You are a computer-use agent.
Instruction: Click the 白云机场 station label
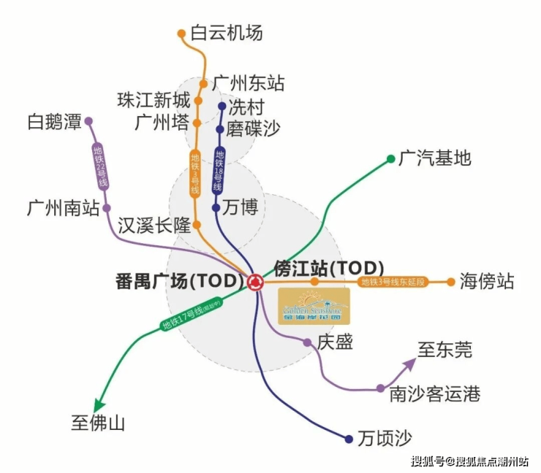click(226, 33)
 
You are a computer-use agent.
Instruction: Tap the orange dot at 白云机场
click(182, 33)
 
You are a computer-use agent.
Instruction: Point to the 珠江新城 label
click(154, 101)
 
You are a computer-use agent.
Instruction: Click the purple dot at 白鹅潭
click(89, 121)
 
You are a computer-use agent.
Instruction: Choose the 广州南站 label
click(64, 208)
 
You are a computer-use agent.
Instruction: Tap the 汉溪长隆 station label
click(154, 224)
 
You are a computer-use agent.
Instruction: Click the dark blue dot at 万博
click(216, 208)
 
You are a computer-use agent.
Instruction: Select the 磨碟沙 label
click(253, 129)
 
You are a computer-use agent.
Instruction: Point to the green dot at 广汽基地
click(391, 158)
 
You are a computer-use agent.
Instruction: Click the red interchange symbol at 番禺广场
click(255, 282)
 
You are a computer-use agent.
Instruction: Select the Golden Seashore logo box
click(314, 306)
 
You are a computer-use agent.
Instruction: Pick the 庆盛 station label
click(336, 342)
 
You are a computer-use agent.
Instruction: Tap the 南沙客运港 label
click(435, 394)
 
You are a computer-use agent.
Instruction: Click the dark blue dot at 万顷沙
click(349, 439)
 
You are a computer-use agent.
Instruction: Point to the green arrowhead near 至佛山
click(97, 409)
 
